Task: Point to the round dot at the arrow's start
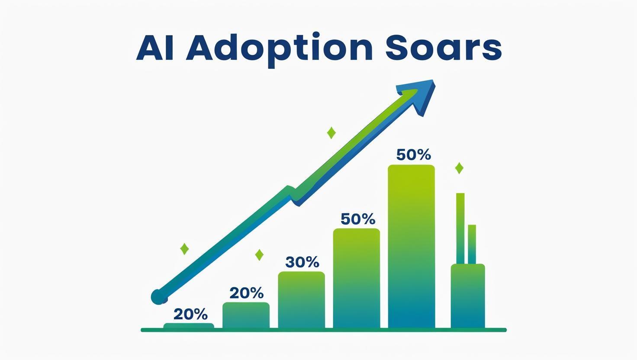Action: coord(159,297)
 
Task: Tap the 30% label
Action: coord(302,262)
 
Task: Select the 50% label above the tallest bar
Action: coord(413,155)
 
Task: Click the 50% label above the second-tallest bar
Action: coord(358,219)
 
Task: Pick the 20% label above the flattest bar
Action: coord(190,314)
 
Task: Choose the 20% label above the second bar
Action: coord(247,293)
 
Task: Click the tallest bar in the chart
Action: coord(412,246)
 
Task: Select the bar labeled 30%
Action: coord(302,300)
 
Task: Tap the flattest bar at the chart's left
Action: coord(189,325)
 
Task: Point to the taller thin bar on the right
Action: coord(460,228)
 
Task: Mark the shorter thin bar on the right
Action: coord(472,244)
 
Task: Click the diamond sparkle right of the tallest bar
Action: coord(459,168)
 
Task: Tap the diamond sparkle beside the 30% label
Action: coord(259,255)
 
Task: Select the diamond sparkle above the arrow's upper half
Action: coord(331,133)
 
